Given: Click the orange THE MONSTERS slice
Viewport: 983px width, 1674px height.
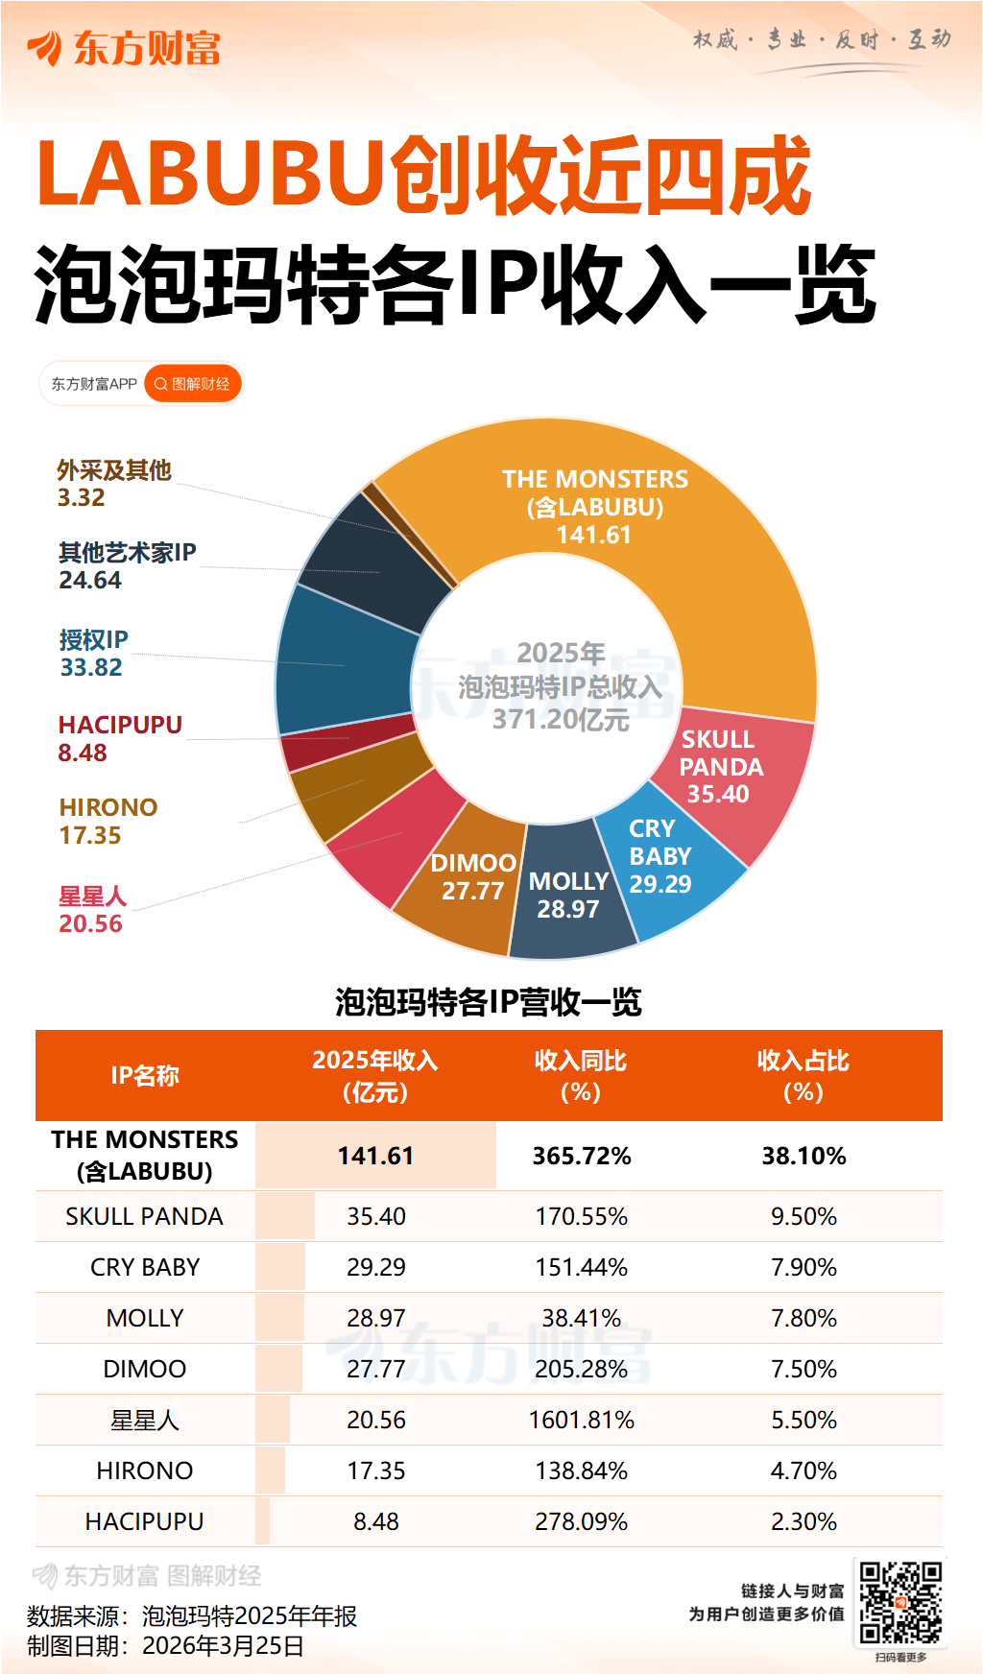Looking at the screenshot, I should [614, 518].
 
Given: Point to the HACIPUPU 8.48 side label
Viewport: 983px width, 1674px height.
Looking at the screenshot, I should [120, 738].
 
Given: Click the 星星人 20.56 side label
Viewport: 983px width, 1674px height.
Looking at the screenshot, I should [92, 909].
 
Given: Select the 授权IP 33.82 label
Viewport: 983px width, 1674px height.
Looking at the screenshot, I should [93, 653].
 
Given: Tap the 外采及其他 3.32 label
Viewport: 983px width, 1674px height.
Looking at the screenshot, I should [113, 483].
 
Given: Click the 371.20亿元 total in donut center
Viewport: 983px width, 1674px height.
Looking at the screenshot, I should [561, 719].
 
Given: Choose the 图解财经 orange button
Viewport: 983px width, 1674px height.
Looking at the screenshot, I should [193, 384].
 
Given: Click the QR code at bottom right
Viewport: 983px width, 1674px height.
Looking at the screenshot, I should [899, 1602].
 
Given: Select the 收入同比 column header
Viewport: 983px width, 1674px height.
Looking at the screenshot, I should [581, 1075].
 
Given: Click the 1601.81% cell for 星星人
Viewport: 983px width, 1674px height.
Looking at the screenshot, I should [582, 1420].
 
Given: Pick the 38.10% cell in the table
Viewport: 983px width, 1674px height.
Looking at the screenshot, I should [803, 1156].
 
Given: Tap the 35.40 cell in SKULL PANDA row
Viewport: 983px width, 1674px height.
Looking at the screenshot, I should [376, 1216].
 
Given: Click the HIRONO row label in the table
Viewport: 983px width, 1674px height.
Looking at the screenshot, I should [145, 1471].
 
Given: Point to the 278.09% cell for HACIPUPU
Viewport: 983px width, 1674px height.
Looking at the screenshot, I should [582, 1521].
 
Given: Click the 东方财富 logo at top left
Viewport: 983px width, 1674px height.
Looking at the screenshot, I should [125, 48].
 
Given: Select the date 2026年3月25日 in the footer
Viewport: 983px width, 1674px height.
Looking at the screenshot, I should [223, 1646].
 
